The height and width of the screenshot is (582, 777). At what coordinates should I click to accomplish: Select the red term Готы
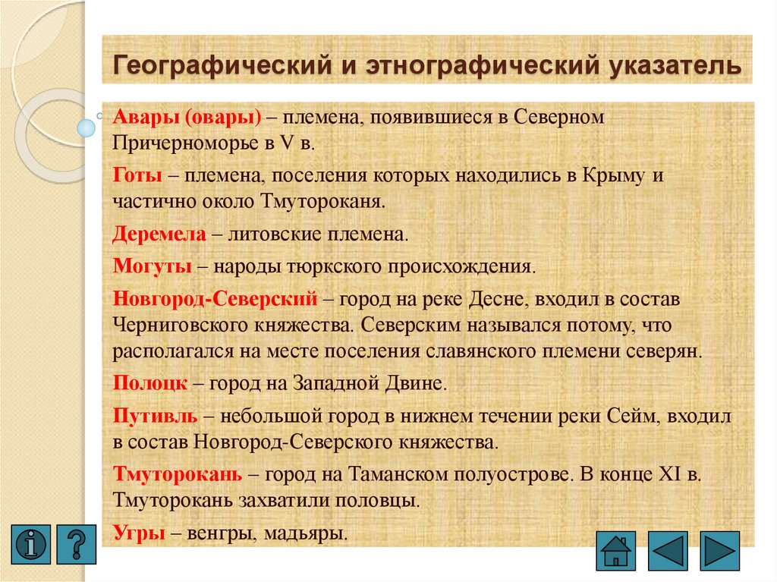137,176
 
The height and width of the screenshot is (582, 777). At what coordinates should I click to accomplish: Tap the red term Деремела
159,234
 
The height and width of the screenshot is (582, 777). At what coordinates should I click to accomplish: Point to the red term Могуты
154,266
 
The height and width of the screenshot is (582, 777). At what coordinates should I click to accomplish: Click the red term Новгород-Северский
215,299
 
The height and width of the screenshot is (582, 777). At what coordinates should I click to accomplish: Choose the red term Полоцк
150,382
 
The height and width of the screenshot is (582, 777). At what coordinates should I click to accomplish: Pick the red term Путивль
156,416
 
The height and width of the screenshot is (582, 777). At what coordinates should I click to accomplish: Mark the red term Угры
140,532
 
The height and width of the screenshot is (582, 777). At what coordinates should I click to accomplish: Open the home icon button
617,550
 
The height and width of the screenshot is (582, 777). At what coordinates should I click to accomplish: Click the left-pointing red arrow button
668,550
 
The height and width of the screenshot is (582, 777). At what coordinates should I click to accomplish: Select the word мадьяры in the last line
307,533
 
